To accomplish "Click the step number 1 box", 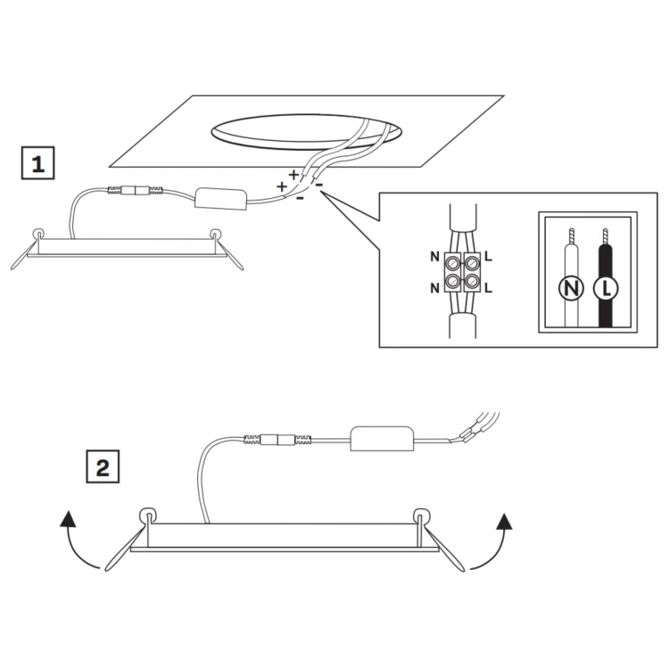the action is point(38,162).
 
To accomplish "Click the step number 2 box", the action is point(103,467).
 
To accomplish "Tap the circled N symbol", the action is point(571,289).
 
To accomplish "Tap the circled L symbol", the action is point(606,289).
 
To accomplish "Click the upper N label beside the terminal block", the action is point(434,257).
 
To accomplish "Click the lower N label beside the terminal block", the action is point(434,289).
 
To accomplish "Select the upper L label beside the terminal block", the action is point(489,257).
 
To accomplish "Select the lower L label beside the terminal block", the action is point(489,288).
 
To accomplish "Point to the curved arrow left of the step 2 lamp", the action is point(73,549).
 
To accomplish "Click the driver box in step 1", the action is point(221,199).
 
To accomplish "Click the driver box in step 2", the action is point(383,438).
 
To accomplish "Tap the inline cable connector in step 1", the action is point(136,190).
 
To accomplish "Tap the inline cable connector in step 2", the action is point(277,440).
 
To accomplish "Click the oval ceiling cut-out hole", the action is point(306,132).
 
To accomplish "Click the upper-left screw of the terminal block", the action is point(452,264).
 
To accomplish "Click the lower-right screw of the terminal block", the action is point(472,281).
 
